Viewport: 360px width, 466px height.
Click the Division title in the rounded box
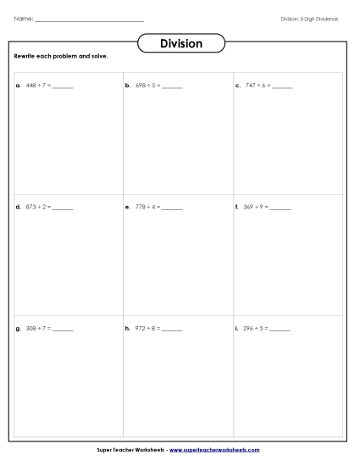[180, 44]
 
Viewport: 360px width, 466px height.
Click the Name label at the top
[23, 19]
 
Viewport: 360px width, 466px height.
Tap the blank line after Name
[89, 20]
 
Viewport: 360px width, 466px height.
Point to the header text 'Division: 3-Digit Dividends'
[309, 19]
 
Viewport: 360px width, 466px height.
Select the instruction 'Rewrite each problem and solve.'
[61, 57]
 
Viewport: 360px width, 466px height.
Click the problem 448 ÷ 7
[39, 86]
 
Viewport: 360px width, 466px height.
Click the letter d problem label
[18, 207]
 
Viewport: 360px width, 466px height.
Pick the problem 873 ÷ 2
[39, 207]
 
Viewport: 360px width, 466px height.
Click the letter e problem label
[127, 207]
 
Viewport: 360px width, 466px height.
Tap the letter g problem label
[18, 328]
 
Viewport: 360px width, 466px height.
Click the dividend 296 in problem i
[249, 328]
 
